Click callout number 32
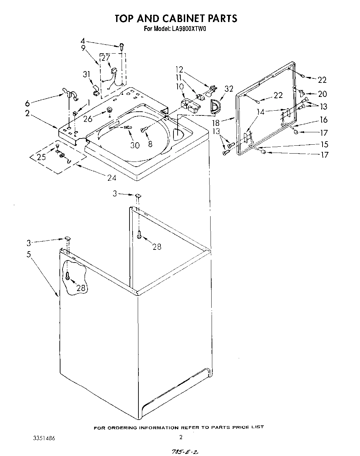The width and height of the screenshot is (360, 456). [x=228, y=89]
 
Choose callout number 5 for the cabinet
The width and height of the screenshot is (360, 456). [x=29, y=255]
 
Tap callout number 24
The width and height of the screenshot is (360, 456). [x=112, y=178]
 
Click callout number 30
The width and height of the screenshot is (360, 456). [x=135, y=145]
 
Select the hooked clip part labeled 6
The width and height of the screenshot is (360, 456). [x=69, y=93]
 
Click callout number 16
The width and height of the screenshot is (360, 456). [x=324, y=120]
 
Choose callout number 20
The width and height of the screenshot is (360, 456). [x=323, y=93]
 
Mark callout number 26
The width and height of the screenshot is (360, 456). [x=88, y=119]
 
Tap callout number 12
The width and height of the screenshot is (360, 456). [x=180, y=70]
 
